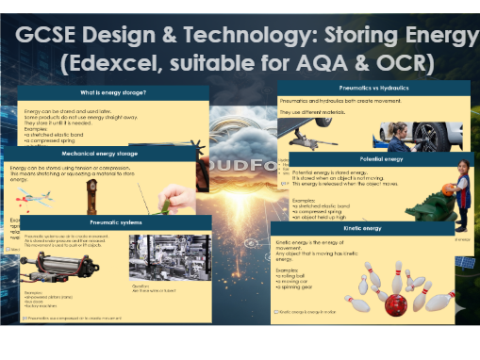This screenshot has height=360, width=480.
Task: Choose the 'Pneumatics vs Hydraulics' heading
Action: click(377, 86)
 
